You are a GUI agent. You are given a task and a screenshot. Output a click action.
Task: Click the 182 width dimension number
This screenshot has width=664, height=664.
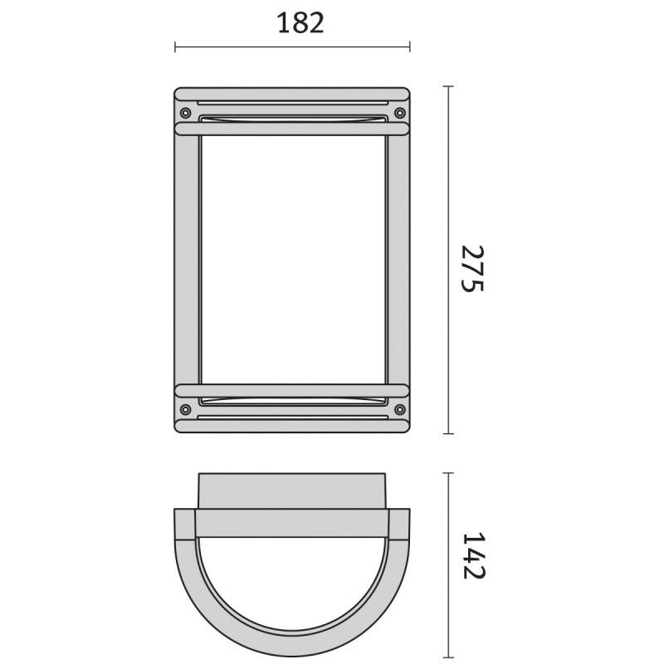point(300,23)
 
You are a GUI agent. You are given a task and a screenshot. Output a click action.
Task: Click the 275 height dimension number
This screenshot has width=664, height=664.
point(472,268)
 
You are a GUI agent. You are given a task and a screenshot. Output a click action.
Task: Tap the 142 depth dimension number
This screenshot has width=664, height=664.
point(473,555)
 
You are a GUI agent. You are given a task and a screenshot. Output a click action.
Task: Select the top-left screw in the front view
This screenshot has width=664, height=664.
point(185,113)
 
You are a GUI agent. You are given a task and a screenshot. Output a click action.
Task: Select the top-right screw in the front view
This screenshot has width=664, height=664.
point(400,113)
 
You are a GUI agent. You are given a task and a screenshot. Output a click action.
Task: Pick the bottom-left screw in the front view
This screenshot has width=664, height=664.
point(185,409)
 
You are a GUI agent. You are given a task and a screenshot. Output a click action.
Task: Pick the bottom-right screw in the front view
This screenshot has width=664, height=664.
point(400,409)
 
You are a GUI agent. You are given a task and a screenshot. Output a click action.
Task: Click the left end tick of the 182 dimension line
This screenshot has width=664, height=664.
point(175,47)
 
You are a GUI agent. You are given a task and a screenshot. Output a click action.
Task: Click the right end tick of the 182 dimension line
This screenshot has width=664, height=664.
point(409,47)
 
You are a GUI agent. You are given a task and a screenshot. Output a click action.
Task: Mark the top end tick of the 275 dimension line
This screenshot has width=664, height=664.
point(448,86)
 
